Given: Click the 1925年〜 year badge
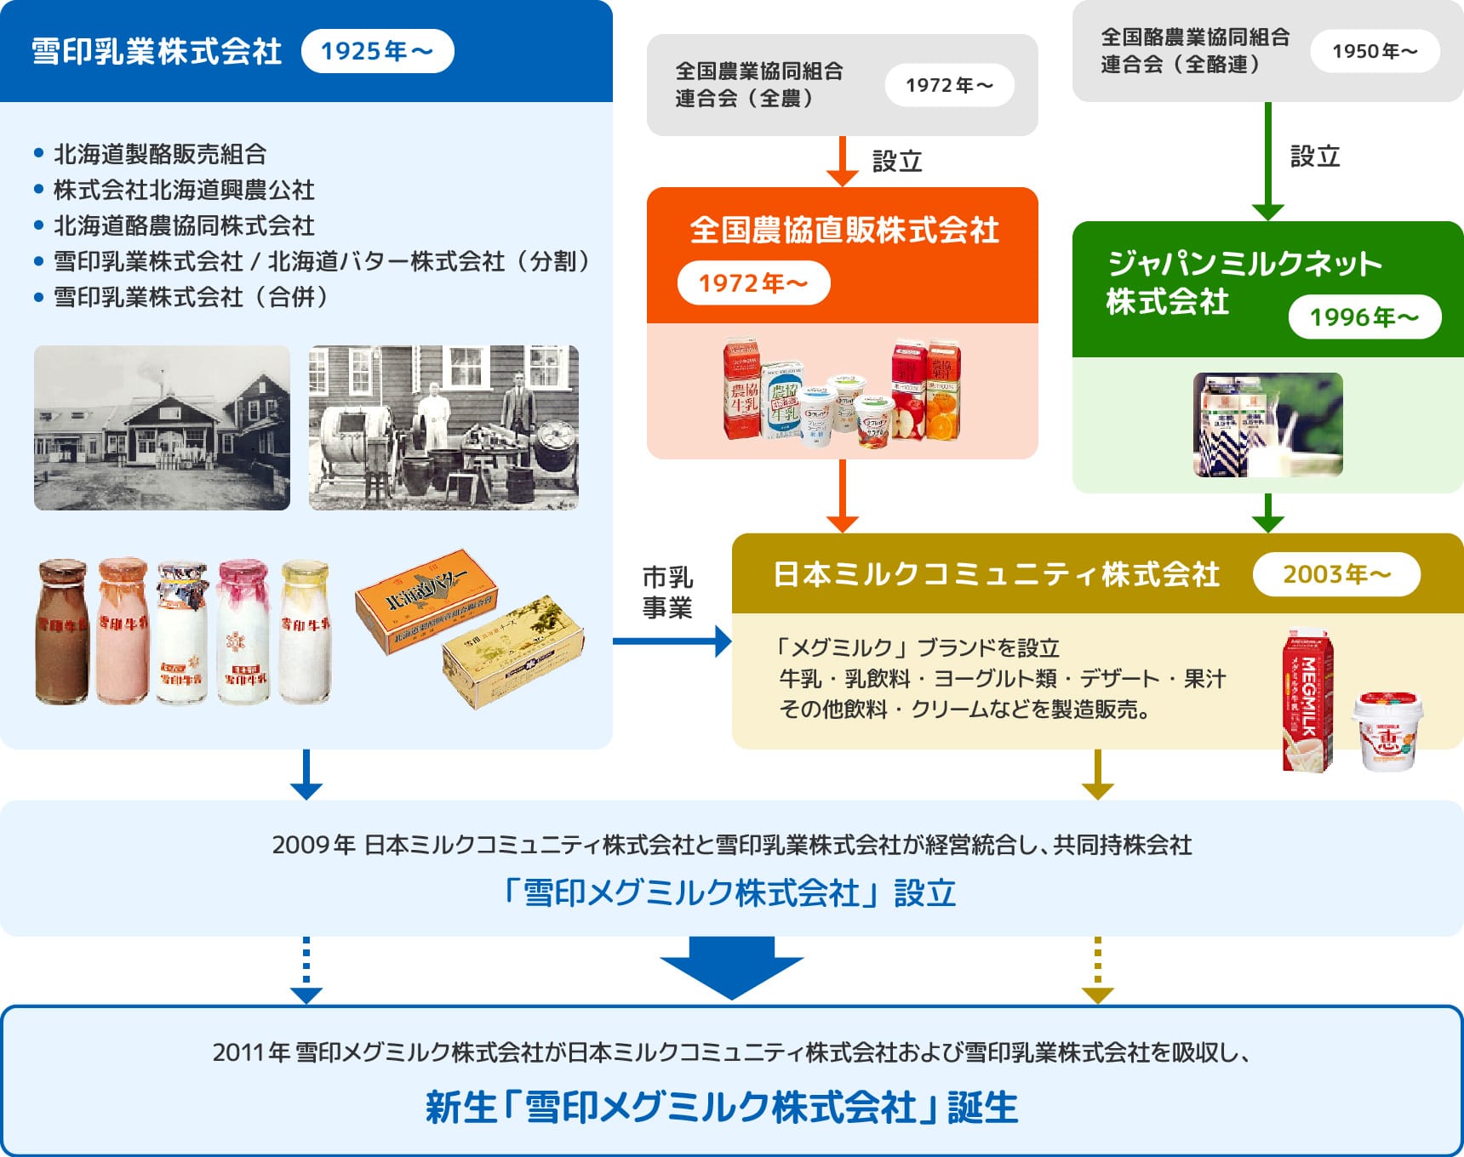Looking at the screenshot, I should point(377,51).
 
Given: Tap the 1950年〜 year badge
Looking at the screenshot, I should point(1375,51).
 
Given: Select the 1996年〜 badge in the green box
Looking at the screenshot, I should point(1364,317).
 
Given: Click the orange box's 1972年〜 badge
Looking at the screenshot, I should point(753,283).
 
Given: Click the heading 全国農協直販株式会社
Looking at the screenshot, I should point(844,230).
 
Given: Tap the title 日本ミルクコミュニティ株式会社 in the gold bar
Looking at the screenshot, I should point(996,574).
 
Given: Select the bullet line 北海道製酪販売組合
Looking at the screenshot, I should point(160,154).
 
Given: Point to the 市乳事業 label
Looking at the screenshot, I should point(667,592).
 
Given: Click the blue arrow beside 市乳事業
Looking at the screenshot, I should point(672,641).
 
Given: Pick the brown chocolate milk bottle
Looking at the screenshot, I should point(61,631).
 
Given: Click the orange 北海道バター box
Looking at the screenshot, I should point(426,600).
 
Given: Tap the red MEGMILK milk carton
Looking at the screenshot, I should point(1307,699).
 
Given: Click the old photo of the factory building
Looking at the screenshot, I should point(162,428).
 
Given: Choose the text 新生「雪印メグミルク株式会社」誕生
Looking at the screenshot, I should point(722,1108).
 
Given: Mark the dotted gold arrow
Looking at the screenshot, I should point(1097,970).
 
